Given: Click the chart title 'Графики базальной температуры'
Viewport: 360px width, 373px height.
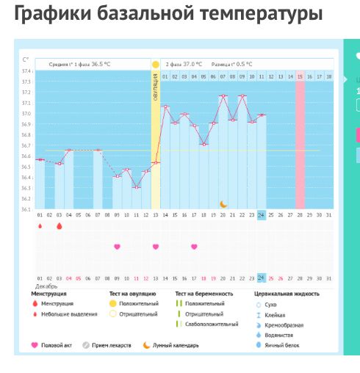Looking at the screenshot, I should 168,13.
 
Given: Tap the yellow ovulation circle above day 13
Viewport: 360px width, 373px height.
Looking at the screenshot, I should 156,65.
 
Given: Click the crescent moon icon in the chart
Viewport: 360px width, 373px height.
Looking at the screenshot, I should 224,203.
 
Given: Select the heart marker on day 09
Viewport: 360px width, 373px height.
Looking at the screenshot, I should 117,247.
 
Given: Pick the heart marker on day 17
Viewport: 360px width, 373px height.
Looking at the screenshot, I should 194,247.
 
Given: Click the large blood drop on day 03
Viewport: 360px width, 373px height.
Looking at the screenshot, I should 60,226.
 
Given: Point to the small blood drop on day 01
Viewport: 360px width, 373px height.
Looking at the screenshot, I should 40,226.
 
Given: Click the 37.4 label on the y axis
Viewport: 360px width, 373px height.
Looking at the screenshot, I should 26,71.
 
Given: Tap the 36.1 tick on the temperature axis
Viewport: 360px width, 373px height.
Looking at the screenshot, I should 26,209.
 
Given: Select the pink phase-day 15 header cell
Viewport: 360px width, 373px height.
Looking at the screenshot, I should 300,76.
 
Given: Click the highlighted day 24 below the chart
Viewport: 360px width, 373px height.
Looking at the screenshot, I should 262,278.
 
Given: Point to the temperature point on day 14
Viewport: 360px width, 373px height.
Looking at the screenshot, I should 165,106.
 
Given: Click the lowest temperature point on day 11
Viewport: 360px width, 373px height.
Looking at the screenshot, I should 137,186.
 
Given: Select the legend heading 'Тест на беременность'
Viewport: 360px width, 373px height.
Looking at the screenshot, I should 204,293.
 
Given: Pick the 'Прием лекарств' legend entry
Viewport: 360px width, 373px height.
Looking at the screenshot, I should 107,344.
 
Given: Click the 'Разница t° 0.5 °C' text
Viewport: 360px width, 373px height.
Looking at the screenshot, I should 234,65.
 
